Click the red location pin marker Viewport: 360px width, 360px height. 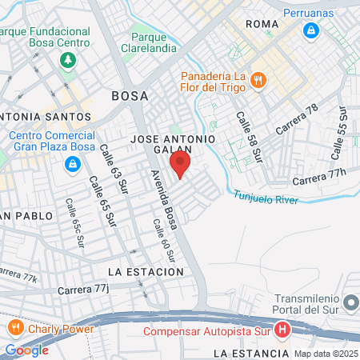pyautogui.click(x=180, y=165)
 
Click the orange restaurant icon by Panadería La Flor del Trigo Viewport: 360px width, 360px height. pyautogui.click(x=258, y=79)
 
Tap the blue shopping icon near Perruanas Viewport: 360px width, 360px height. pyautogui.click(x=311, y=31)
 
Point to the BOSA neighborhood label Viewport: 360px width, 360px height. pyautogui.click(x=130, y=96)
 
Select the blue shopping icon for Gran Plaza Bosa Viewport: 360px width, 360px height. pyautogui.click(x=73, y=164)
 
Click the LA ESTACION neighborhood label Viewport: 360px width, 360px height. pyautogui.click(x=145, y=272)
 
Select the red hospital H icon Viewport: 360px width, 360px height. pyautogui.click(x=282, y=329)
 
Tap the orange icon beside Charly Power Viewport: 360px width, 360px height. pyautogui.click(x=15, y=328)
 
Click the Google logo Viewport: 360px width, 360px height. pyautogui.click(x=26, y=350)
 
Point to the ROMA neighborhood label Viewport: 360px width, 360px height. pyautogui.click(x=263, y=25)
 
